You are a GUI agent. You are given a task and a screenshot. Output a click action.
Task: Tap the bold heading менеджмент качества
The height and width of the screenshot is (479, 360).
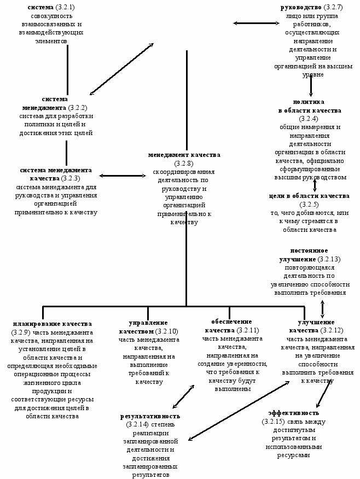pyautogui.click(x=184, y=155)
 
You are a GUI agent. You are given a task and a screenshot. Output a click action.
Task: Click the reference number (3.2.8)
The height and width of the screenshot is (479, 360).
pyautogui.click(x=184, y=163)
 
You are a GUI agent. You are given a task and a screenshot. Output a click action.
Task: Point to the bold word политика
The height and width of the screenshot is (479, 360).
pyautogui.click(x=309, y=102)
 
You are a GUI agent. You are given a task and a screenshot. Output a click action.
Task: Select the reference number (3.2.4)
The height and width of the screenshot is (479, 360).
pyautogui.click(x=309, y=119)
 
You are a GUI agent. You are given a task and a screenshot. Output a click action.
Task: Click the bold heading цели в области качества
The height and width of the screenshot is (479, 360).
pyautogui.click(x=309, y=196)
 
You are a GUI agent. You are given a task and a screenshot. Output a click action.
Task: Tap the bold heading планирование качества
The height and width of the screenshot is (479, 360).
pyautogui.click(x=52, y=324)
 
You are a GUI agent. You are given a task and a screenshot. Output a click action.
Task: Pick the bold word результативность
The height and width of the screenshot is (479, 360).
pyautogui.click(x=149, y=416)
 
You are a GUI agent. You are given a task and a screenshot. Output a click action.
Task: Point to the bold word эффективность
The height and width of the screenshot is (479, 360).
pyautogui.click(x=293, y=413)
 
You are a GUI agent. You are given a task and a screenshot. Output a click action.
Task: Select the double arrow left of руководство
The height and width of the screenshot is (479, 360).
pyautogui.click(x=249, y=23)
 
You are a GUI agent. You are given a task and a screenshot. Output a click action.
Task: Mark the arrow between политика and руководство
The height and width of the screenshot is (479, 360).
pyautogui.click(x=311, y=86)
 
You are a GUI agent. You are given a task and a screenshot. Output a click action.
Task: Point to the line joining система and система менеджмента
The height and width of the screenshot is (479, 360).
pyautogui.click(x=67, y=68)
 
